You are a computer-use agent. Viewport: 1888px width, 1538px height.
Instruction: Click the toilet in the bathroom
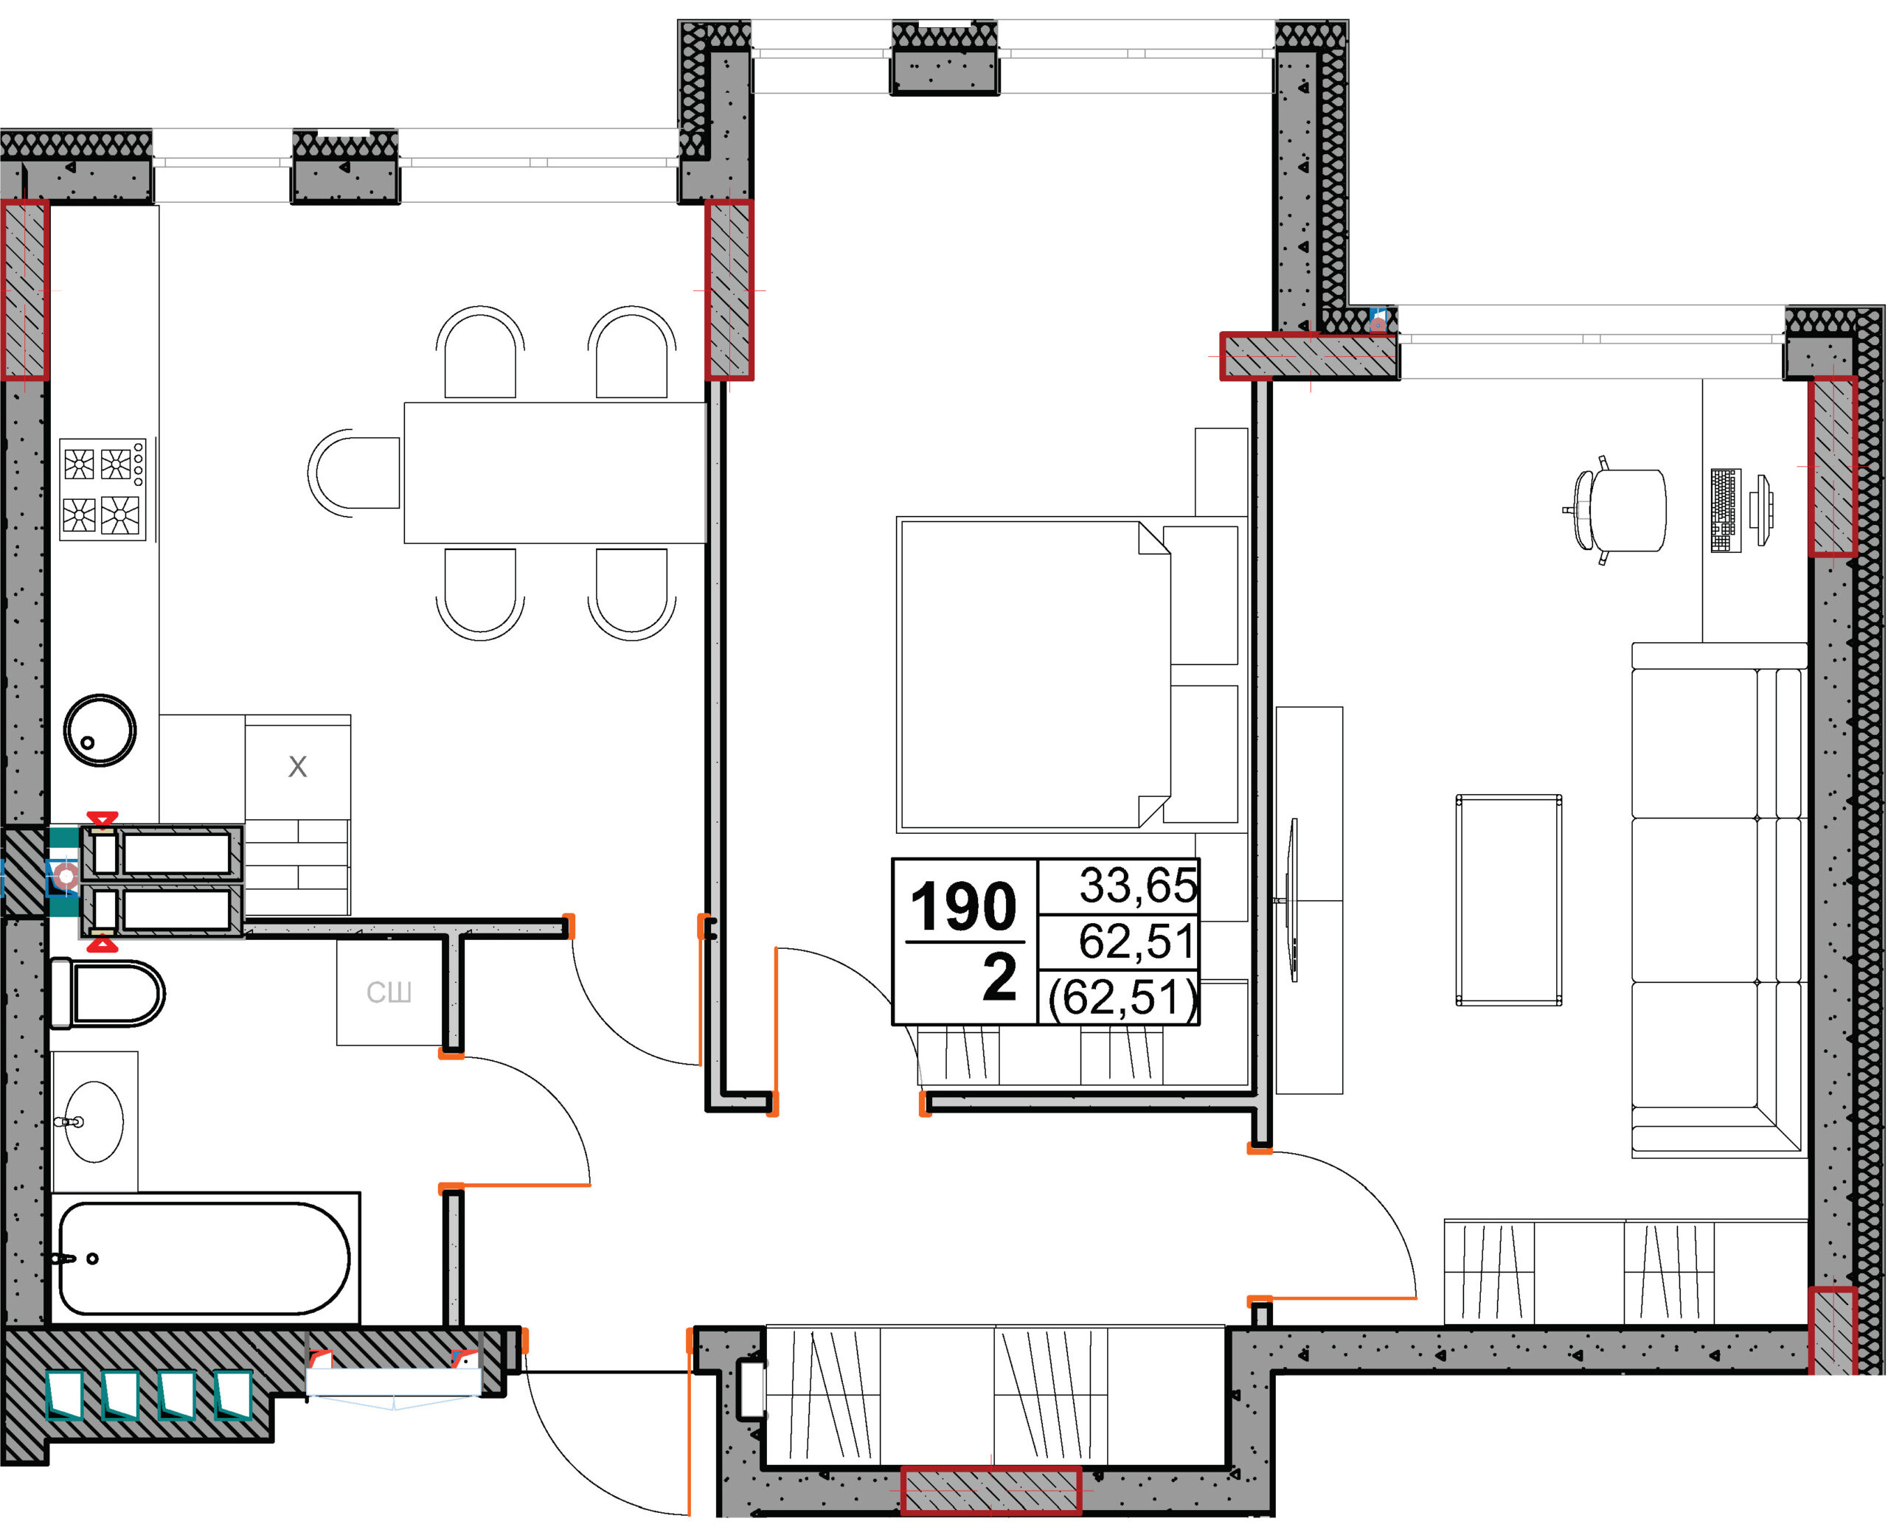pyautogui.click(x=107, y=993)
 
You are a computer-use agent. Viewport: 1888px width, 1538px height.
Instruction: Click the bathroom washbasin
pyautogui.click(x=95, y=1121)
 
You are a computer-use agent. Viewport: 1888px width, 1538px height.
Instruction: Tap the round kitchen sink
pyautogui.click(x=100, y=730)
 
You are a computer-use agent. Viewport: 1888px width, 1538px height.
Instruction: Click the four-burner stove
pyautogui.click(x=103, y=489)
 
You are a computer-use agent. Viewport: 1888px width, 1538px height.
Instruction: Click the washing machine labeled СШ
pyautogui.click(x=389, y=992)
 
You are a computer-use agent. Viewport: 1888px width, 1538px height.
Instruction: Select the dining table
pyautogui.click(x=555, y=473)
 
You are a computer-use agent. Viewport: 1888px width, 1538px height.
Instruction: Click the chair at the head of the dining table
pyautogui.click(x=355, y=473)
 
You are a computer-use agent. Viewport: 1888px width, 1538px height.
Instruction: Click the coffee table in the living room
pyautogui.click(x=1509, y=900)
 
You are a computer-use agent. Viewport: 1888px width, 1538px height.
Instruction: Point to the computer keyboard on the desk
pyautogui.click(x=1725, y=510)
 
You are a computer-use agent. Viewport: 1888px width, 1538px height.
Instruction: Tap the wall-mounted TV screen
pyautogui.click(x=1294, y=900)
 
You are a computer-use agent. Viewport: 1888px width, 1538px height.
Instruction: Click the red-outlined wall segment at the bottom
pyautogui.click(x=991, y=1491)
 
